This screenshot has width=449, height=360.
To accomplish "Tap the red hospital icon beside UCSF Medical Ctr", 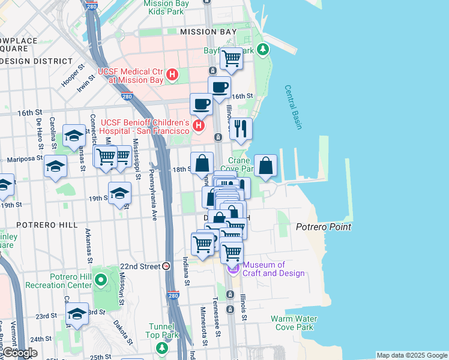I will coord(173,75).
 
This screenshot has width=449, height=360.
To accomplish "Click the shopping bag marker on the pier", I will coord(265,166).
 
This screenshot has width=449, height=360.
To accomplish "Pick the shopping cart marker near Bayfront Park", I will coord(231,59).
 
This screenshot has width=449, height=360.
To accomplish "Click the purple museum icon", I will coord(232,268).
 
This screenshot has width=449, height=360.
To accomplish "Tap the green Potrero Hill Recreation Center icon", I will coord(100,280).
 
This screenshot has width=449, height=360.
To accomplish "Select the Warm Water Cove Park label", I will coord(292,323).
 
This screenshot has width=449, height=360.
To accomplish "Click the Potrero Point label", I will coord(323,227).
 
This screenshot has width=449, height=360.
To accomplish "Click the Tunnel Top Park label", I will coord(161,331).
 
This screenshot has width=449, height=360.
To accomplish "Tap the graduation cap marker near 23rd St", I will coord(77,314).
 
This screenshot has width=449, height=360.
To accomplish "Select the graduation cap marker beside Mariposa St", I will coord(55,166).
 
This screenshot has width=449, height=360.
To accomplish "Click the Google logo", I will coord(19,353).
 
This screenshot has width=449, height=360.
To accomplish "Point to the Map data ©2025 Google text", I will coord(412,355).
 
